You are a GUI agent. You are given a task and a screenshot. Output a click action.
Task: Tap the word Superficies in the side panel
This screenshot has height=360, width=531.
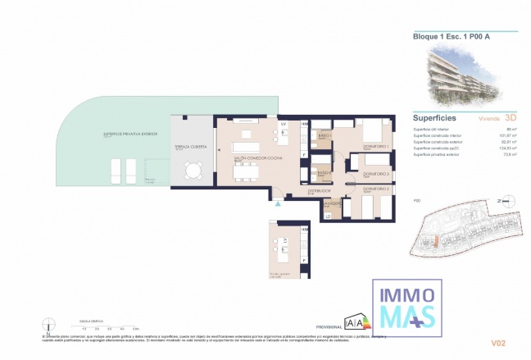coord(434,118)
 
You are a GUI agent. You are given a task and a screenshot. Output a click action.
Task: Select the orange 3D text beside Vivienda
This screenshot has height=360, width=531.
coord(511,118)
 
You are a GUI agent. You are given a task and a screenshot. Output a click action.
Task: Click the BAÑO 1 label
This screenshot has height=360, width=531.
coord(324,134)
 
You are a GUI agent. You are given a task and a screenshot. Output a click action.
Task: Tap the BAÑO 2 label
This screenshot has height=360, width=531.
coord(324,173)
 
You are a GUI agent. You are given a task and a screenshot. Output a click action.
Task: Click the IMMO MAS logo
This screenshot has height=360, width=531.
coord(405,304)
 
